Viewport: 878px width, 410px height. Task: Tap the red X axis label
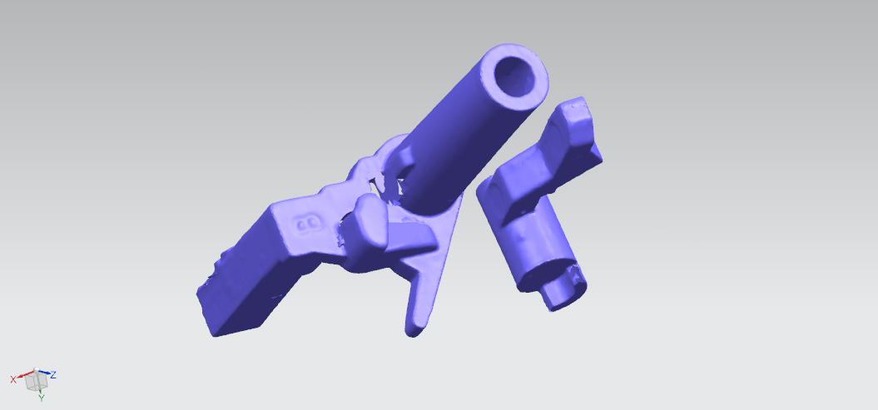click(x=13, y=380)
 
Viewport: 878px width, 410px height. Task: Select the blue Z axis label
click(x=54, y=374)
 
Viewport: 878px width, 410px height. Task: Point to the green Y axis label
click(x=42, y=398)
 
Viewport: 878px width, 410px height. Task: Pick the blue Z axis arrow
click(x=43, y=372)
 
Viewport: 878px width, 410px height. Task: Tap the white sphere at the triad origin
click(x=35, y=372)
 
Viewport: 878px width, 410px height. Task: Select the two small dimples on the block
click(x=307, y=225)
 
